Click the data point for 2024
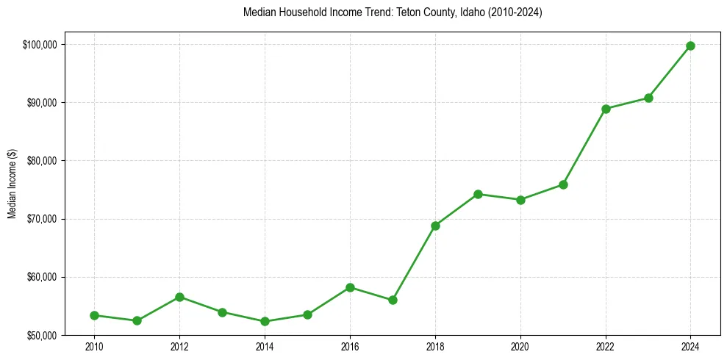click(690, 46)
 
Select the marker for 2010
click(94, 315)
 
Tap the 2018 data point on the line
click(435, 226)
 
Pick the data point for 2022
click(606, 109)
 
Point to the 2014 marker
click(265, 321)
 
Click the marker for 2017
click(393, 300)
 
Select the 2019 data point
click(478, 194)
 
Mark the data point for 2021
click(563, 184)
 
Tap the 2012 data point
click(179, 297)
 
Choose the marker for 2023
click(648, 98)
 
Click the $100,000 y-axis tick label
click(40, 45)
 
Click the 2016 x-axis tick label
click(350, 347)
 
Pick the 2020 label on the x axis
click(520, 347)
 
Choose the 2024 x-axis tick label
click(690, 347)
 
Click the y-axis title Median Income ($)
click(12, 184)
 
